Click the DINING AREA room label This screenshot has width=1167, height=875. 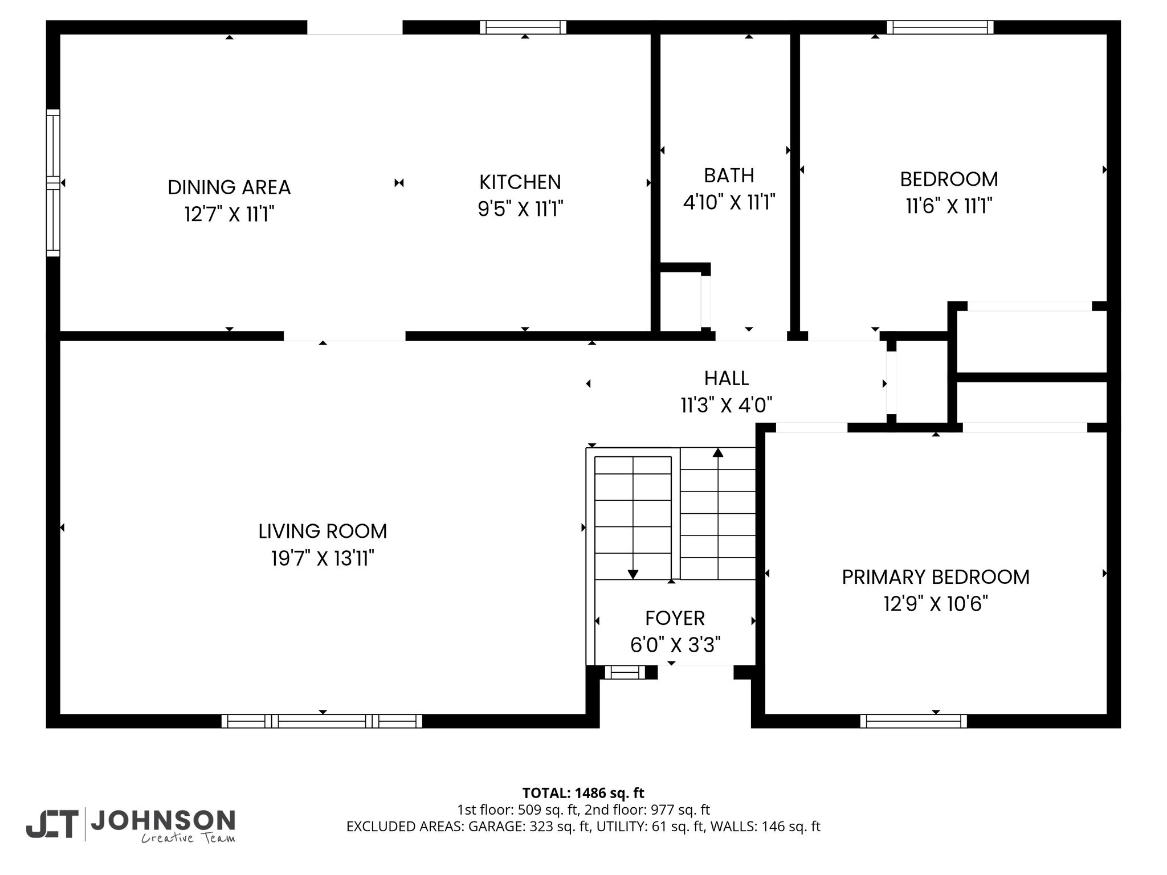[229, 187]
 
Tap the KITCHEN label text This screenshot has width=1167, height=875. [520, 182]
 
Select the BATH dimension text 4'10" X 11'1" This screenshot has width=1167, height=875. [729, 202]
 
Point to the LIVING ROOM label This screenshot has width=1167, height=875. [323, 531]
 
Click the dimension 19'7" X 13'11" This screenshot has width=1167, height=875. [323, 559]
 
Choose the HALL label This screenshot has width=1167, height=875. [727, 378]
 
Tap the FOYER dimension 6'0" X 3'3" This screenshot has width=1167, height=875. [675, 645]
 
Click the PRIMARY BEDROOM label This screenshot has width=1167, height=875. [936, 577]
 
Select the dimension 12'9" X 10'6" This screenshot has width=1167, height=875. [936, 604]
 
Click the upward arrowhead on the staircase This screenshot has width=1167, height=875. [718, 452]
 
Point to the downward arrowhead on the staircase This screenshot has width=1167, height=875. [633, 575]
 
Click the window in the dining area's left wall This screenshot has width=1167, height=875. [53, 183]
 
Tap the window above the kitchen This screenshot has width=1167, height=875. [523, 27]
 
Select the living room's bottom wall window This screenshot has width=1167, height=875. [322, 721]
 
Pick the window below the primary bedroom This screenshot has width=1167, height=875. [913, 721]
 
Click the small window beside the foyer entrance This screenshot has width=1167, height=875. [625, 673]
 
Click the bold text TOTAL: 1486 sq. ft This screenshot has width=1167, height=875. [583, 793]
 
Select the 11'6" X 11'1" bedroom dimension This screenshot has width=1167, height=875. [949, 206]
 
